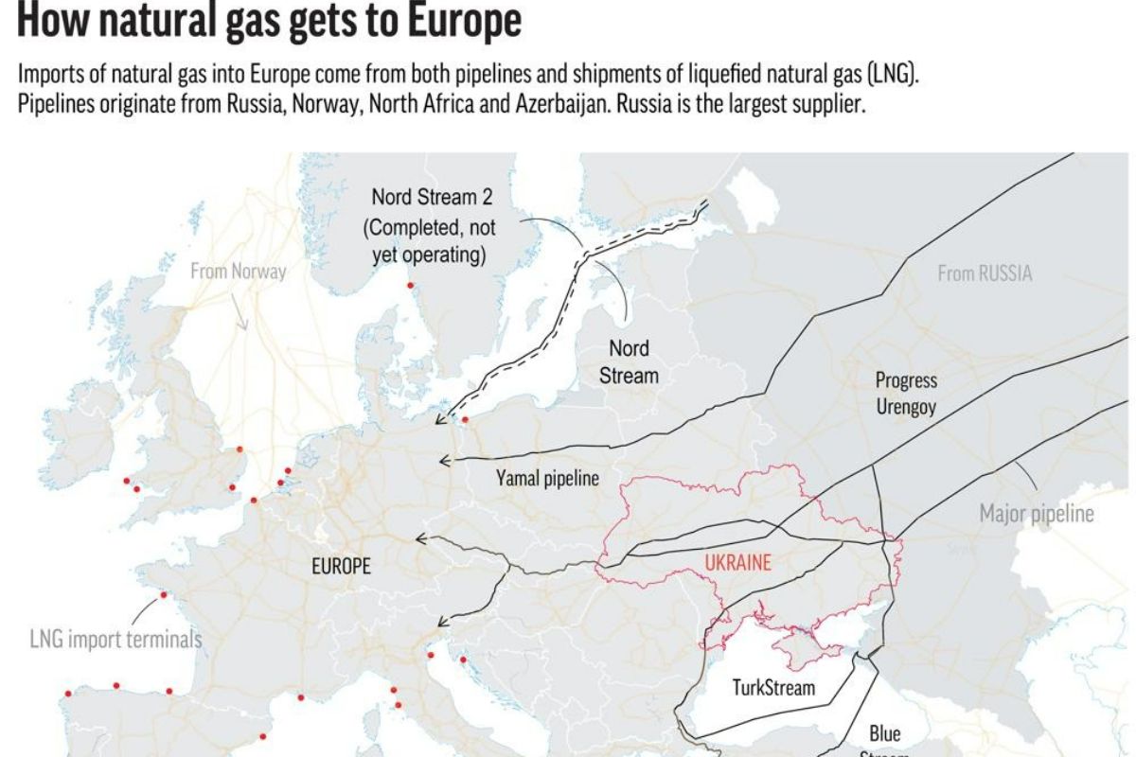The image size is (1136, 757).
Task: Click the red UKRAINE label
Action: pyautogui.click(x=738, y=561)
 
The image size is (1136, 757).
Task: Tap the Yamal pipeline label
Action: pyautogui.click(x=547, y=478)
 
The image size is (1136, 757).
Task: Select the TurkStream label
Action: pyautogui.click(x=773, y=687)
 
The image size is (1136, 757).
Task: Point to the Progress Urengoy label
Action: pyautogui.click(x=906, y=394)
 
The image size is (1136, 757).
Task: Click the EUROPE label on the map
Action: pyautogui.click(x=341, y=567)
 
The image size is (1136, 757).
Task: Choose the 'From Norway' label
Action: pyautogui.click(x=238, y=272)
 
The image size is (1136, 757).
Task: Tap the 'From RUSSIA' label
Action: pyautogui.click(x=985, y=274)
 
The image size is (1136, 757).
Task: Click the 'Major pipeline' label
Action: pyautogui.click(x=1036, y=515)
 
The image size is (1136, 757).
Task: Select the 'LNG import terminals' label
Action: pyautogui.click(x=115, y=640)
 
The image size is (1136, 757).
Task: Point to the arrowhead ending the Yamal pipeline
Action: pyautogui.click(x=443, y=461)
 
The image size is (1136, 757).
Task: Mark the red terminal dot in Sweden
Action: pyautogui.click(x=410, y=286)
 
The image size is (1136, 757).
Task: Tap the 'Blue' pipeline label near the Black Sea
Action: pyautogui.click(x=885, y=733)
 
